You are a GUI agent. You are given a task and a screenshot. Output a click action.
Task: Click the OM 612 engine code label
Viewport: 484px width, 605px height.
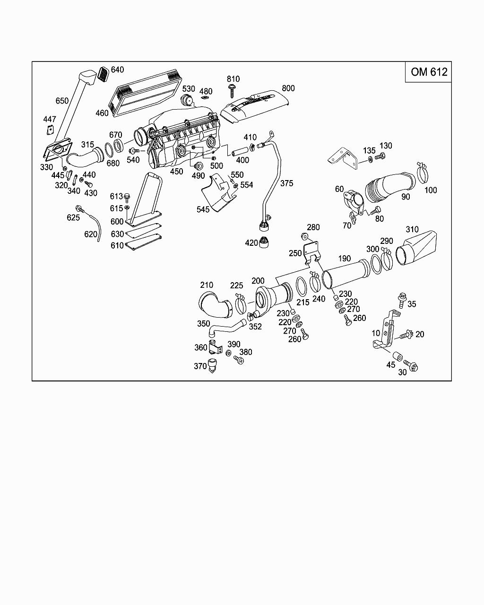coord(429,72)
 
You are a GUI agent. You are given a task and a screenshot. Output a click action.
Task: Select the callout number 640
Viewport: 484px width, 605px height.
coord(117,69)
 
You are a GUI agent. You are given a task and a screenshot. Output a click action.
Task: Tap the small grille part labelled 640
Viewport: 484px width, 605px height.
coord(104,74)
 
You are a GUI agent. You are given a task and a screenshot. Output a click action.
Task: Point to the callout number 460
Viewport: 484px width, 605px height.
coord(102,113)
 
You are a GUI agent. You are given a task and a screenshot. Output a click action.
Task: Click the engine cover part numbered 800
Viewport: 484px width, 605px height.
coord(255,108)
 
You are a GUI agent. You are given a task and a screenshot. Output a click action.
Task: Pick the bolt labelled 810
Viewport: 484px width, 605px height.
coord(232,91)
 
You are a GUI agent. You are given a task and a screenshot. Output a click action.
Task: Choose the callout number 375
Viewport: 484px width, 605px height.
coord(286,183)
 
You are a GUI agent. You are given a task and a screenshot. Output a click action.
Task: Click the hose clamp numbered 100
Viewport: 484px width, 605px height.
coord(423,172)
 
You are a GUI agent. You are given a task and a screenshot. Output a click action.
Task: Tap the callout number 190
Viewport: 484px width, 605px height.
coord(345,259)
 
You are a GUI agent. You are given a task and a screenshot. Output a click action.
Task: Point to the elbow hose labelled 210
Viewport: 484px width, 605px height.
coord(216,305)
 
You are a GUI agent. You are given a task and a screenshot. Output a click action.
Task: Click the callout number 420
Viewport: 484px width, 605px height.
coord(251,242)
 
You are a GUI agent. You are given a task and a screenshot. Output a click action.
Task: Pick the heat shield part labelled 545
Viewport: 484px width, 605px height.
coord(219,192)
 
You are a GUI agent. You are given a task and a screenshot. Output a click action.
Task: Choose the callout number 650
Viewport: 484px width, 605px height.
coord(62,101)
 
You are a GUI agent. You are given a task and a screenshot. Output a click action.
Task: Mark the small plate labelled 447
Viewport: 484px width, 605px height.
coord(50,130)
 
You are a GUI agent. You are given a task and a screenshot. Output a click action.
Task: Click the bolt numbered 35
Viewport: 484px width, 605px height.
coord(402,300)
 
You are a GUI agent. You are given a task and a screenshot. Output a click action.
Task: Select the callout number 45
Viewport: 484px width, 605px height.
coord(390,365)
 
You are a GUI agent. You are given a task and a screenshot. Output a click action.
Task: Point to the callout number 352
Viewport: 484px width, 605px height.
coord(255,327)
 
